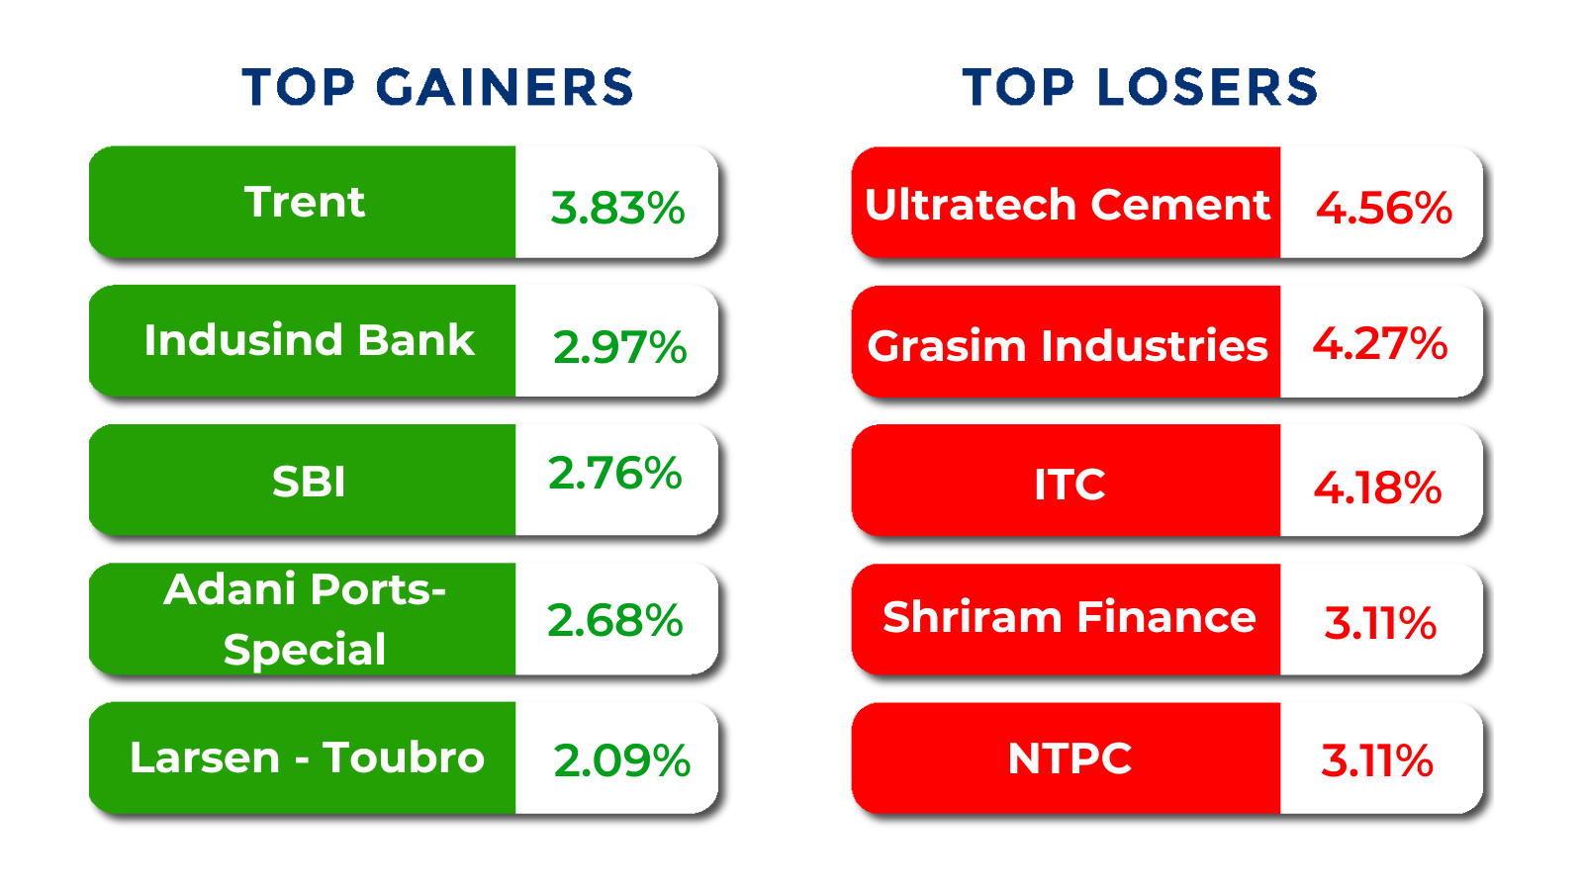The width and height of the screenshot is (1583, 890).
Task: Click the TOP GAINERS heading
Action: pyautogui.click(x=437, y=88)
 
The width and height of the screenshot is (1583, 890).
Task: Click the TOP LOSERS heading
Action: pyautogui.click(x=1140, y=88)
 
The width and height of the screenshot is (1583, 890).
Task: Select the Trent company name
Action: pyautogui.click(x=305, y=202)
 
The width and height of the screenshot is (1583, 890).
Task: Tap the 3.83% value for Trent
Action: pyautogui.click(x=617, y=209)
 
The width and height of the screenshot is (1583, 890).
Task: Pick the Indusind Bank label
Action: pyautogui.click(x=309, y=340)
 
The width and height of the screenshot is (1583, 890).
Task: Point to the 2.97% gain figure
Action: pyautogui.click(x=619, y=347)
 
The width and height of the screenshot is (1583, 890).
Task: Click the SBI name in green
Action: pyautogui.click(x=309, y=483)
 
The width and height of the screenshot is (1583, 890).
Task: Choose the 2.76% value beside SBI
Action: pyautogui.click(x=614, y=473)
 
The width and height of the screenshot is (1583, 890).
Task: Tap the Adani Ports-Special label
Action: pyautogui.click(x=305, y=619)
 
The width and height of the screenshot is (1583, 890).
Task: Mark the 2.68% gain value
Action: pyautogui.click(x=614, y=620)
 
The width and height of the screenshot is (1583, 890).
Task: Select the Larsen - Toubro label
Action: pyautogui.click(x=308, y=757)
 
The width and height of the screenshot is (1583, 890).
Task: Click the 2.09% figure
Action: pyautogui.click(x=622, y=760)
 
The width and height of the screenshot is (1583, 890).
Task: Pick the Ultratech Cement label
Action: pyautogui.click(x=1068, y=205)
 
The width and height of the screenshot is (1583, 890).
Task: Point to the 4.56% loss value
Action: pyautogui.click(x=1384, y=209)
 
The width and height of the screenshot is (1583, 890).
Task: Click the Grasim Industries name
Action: pyautogui.click(x=1068, y=345)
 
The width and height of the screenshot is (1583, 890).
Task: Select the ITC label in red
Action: pyautogui.click(x=1070, y=485)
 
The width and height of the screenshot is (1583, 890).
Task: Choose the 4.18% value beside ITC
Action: pyautogui.click(x=1377, y=489)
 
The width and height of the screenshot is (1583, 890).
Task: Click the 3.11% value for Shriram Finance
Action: pyautogui.click(x=1380, y=623)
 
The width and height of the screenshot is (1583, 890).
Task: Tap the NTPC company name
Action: pyautogui.click(x=1070, y=758)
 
